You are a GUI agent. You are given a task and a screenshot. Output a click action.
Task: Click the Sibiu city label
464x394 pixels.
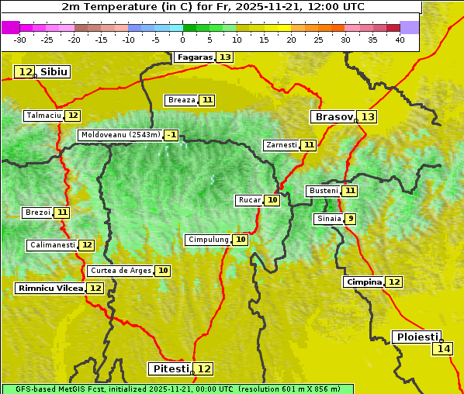(54, 72)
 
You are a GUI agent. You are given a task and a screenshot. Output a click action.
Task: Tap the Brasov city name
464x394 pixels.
(333, 117)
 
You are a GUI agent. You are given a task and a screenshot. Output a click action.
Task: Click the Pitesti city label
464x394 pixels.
(169, 368)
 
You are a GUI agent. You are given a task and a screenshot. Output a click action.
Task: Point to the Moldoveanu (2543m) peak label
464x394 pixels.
(120, 135)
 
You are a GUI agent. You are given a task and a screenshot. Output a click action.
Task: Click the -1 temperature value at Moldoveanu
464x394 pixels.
(171, 135)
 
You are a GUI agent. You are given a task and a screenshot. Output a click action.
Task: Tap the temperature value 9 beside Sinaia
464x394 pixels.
(351, 219)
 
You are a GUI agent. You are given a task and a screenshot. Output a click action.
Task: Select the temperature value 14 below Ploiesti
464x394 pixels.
(443, 349)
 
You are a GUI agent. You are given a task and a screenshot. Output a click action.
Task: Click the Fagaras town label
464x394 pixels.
(193, 57)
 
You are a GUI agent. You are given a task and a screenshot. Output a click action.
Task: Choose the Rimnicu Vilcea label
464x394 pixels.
(50, 288)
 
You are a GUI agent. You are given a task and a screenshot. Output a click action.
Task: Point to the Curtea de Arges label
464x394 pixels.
(120, 271)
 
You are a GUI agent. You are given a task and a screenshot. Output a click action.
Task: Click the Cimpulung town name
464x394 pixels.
(208, 240)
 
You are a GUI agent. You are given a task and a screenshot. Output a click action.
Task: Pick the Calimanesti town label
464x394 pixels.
(53, 245)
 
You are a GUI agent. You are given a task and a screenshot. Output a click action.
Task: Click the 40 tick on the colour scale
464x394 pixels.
(400, 40)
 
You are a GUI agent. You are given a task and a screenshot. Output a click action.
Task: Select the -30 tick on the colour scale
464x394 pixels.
(20, 40)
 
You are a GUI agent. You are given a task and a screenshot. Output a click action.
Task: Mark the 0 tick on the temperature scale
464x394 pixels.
(182, 40)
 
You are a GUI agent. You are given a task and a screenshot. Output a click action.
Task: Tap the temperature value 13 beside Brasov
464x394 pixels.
(367, 117)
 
